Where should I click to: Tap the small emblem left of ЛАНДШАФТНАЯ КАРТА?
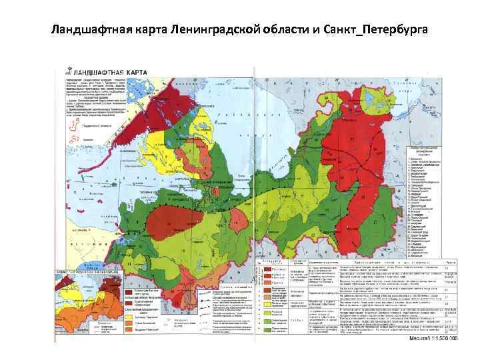(x=67, y=70)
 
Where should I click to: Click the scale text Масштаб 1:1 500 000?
(x=433, y=338)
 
